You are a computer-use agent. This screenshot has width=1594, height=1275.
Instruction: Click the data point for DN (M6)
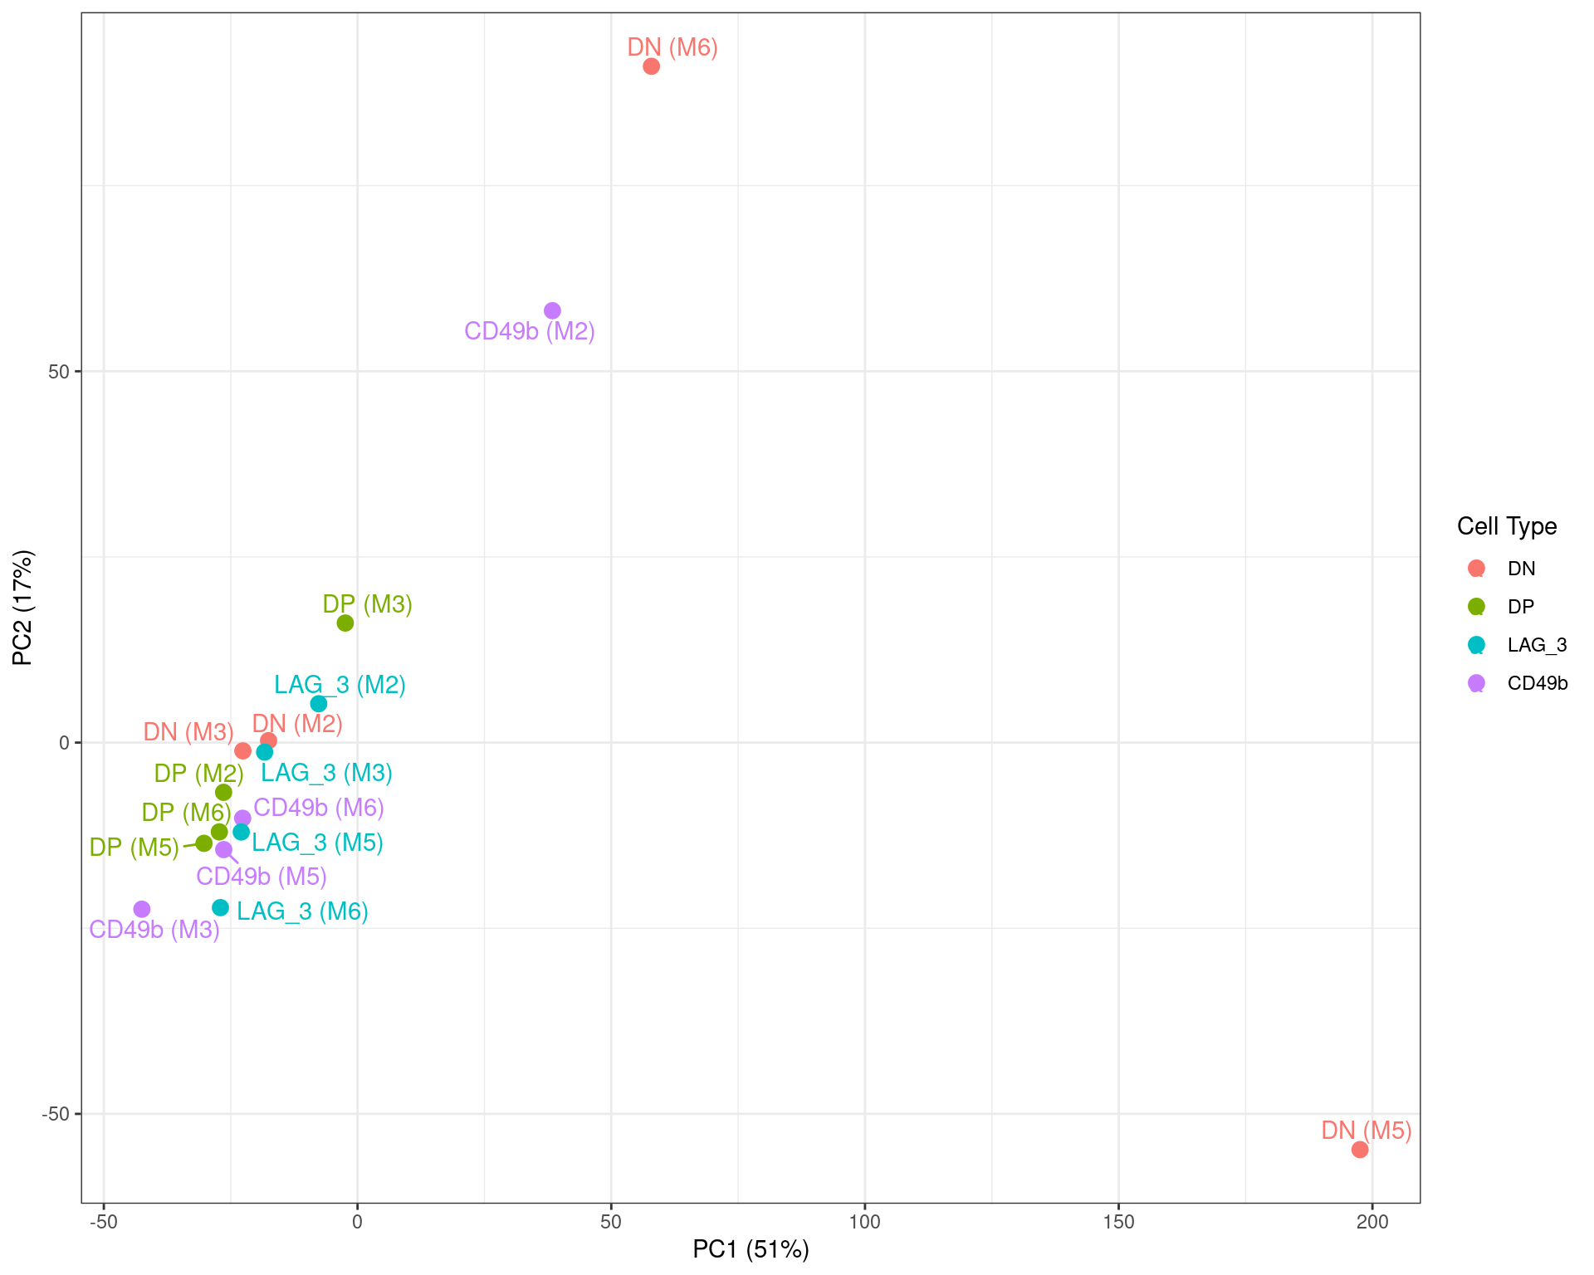point(651,66)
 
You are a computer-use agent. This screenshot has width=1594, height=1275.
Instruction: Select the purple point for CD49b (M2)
point(552,311)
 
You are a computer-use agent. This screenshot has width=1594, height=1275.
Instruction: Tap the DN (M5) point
point(1360,1150)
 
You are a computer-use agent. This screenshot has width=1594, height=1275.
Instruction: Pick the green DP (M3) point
point(345,623)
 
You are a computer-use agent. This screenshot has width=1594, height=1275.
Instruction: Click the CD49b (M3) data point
point(142,910)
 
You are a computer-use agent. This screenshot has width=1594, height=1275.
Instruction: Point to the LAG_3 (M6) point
point(220,908)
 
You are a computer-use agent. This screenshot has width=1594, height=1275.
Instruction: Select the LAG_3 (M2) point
point(319,704)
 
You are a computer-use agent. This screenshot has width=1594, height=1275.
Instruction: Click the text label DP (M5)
point(134,848)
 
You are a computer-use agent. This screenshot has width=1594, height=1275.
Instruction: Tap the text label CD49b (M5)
point(262,877)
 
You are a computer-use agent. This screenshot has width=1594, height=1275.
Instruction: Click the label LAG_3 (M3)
point(326,774)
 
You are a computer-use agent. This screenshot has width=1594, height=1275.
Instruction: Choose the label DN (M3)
point(188,732)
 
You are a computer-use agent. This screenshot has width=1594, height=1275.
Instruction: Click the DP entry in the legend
point(1520,607)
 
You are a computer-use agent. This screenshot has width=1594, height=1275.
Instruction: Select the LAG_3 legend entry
point(1537,645)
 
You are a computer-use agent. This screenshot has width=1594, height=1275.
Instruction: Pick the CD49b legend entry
point(1537,683)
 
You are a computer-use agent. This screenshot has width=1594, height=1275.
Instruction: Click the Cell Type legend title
point(1506,526)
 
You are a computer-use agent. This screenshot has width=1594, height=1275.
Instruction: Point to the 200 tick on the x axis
point(1372,1222)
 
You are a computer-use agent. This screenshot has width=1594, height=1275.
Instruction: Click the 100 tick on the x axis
point(864,1222)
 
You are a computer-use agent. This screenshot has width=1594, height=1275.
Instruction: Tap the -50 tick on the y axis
point(56,1114)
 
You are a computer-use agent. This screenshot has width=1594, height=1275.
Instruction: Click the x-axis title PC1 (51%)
point(751,1249)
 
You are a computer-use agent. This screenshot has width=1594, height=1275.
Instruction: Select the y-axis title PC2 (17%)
point(22,608)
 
